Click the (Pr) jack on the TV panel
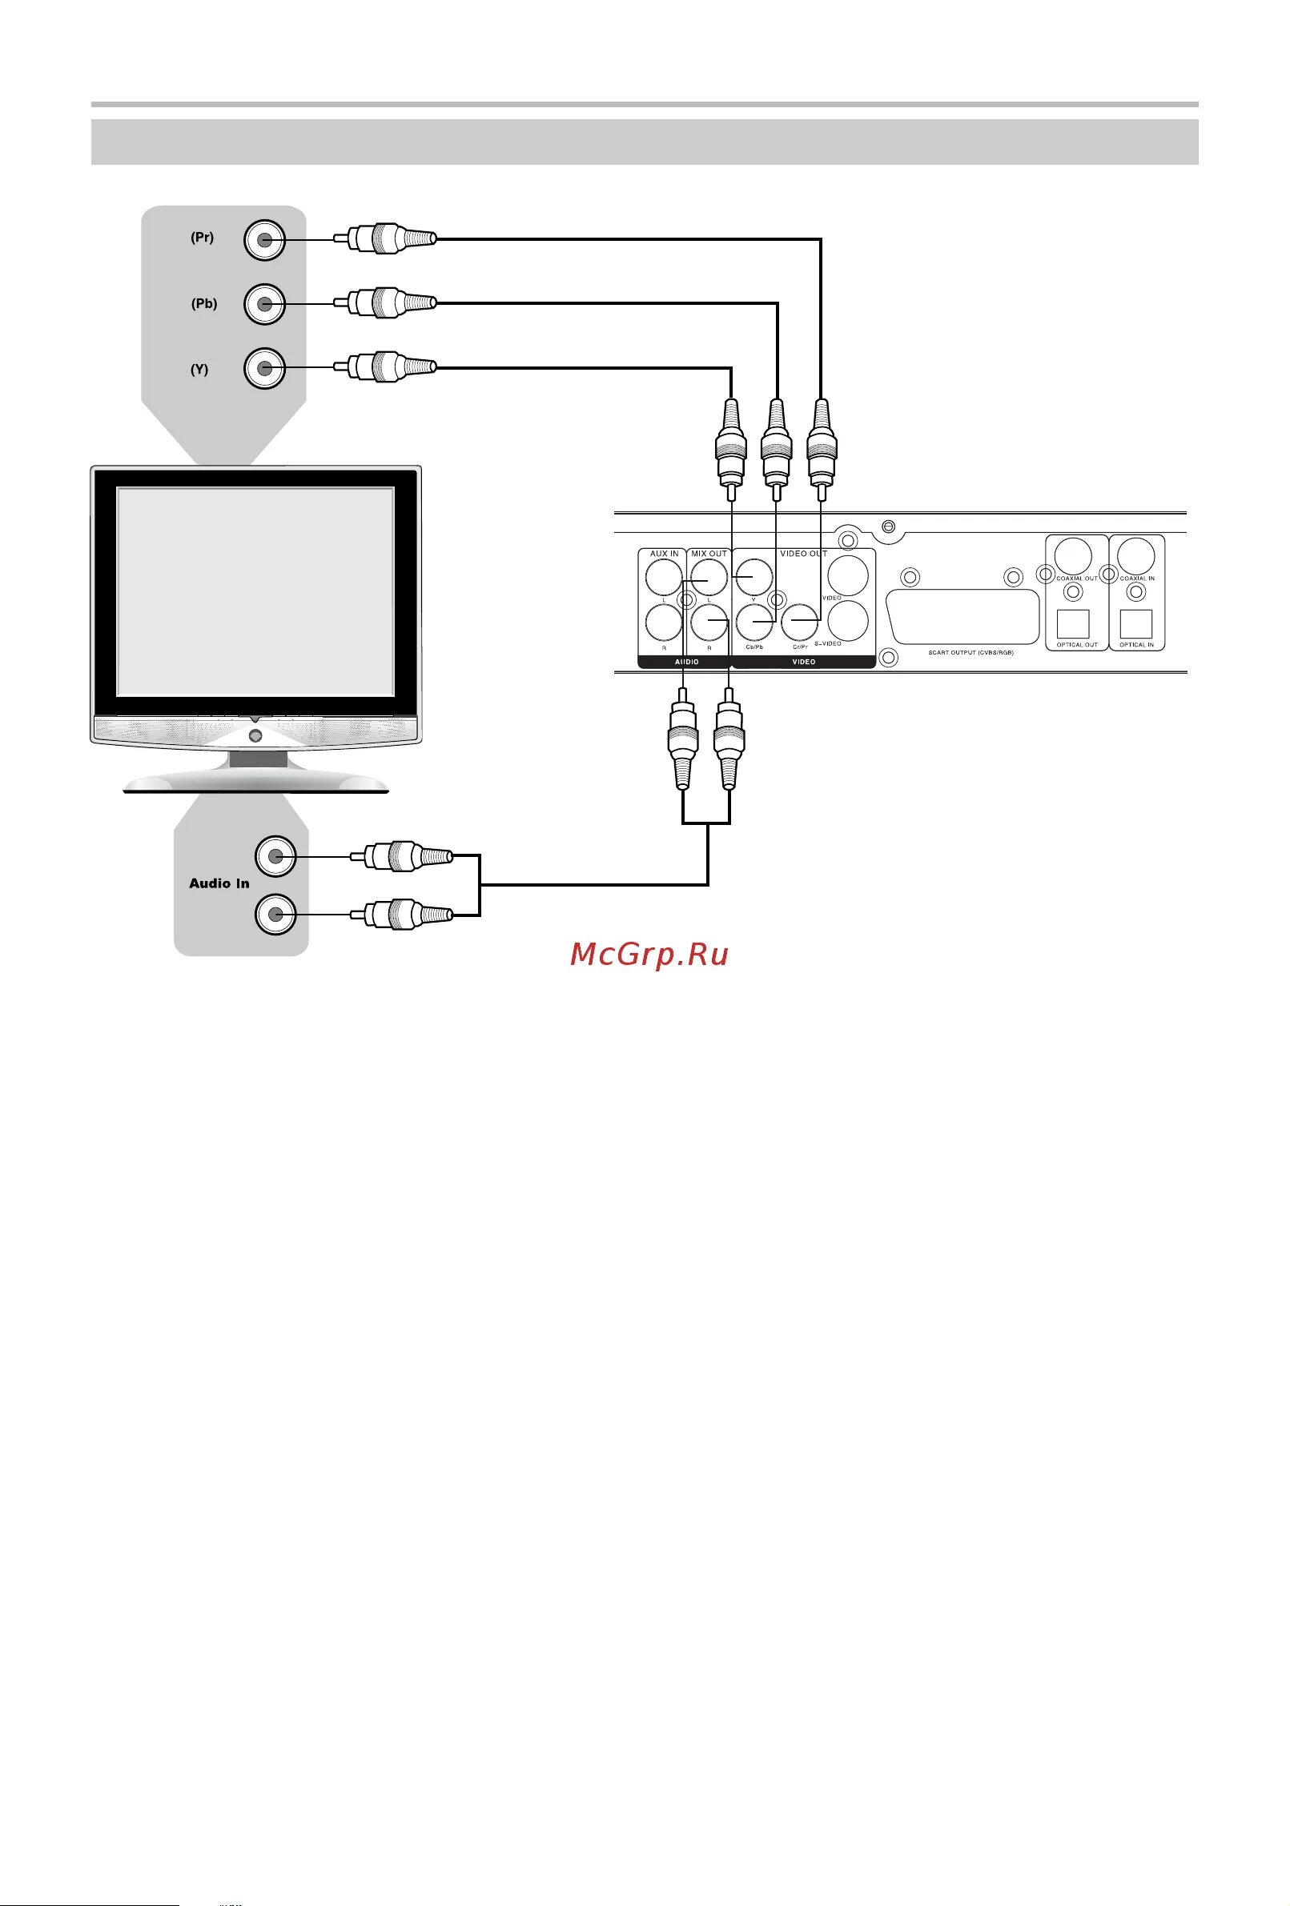click(x=264, y=240)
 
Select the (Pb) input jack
click(x=264, y=304)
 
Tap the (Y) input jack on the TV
click(x=264, y=369)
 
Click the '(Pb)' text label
click(x=204, y=303)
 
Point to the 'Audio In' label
click(x=219, y=883)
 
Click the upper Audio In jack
click(x=275, y=856)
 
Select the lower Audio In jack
click(x=275, y=914)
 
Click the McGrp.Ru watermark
click(x=649, y=954)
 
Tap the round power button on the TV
click(x=255, y=735)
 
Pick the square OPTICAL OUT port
click(x=1071, y=625)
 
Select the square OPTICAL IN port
click(x=1135, y=625)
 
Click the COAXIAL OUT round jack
click(x=1071, y=557)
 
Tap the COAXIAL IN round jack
click(x=1136, y=557)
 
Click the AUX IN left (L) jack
click(x=663, y=579)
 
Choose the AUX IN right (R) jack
click(x=663, y=623)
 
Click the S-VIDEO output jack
click(x=848, y=621)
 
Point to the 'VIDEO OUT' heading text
click(x=802, y=554)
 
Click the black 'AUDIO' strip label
click(x=687, y=662)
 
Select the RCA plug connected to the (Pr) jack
click(x=390, y=239)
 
